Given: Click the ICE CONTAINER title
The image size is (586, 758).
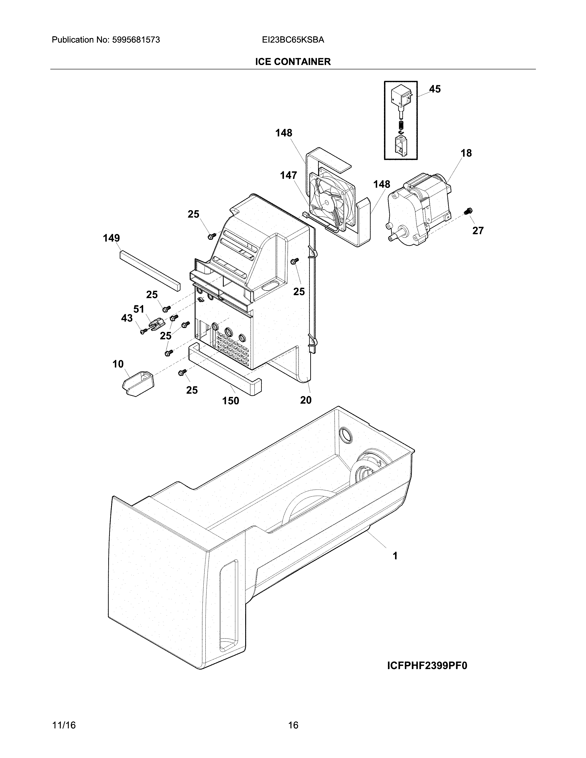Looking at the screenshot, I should click(293, 62).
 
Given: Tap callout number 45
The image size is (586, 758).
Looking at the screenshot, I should click(435, 89).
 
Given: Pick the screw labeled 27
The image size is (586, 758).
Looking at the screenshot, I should click(468, 211).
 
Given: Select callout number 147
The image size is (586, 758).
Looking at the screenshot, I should click(288, 176).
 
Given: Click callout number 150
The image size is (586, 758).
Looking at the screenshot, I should click(230, 401).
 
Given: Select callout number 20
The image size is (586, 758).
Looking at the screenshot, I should click(305, 400).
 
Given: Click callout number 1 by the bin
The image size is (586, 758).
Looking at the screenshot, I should click(395, 556).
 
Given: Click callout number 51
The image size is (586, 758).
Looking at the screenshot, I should click(139, 309).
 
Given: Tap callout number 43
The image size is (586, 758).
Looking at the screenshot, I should click(127, 318).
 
